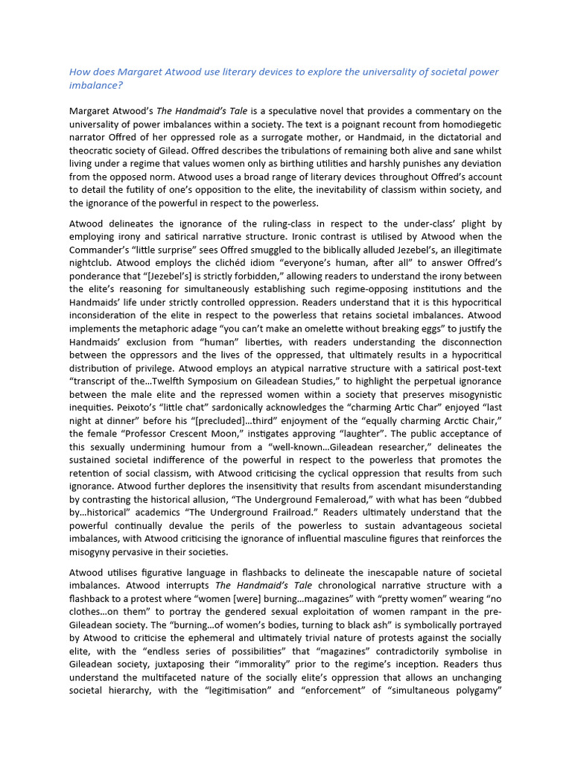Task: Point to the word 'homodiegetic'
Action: pyautogui.click(x=468, y=124)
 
